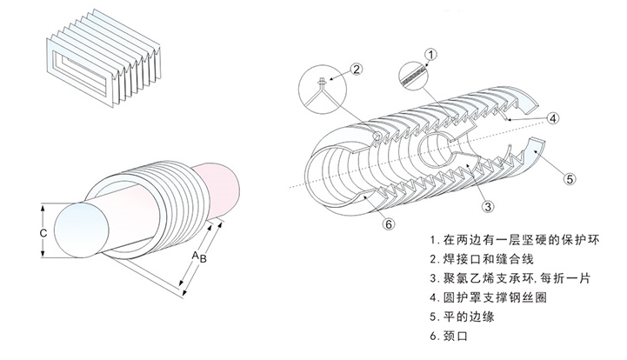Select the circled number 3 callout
[489, 206]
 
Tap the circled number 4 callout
[552, 117]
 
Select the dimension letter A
[194, 255]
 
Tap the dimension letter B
[203, 258]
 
